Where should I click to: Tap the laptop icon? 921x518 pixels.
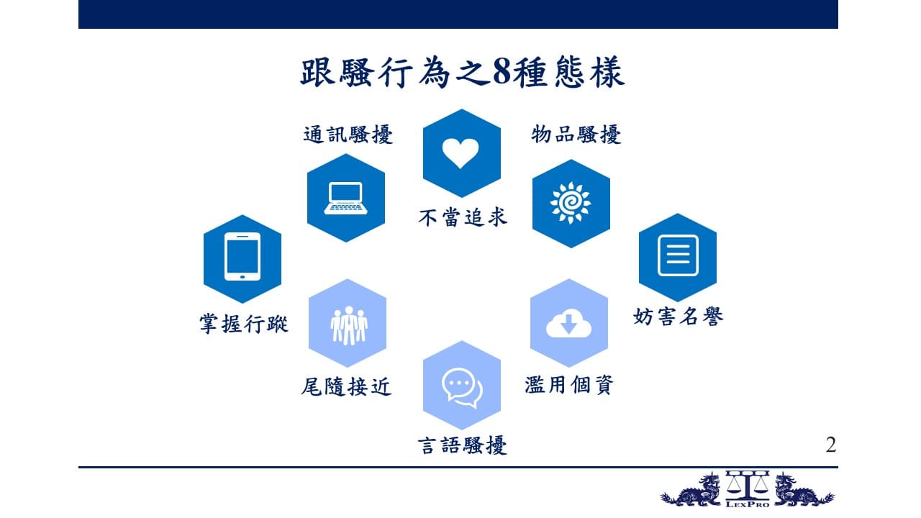point(346,198)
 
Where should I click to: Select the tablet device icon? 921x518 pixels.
point(242,257)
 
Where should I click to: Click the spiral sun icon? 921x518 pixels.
point(571,203)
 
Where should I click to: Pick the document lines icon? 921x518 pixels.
point(678,255)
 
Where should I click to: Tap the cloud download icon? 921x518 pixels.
point(568,324)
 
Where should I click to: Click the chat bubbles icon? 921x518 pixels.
point(462,388)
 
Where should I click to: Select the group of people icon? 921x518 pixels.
point(349,326)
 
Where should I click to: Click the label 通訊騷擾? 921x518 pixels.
point(348,135)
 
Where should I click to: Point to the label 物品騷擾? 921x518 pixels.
point(576,135)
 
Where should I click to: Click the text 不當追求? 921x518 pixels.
point(463,217)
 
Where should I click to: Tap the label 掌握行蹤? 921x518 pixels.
point(244,324)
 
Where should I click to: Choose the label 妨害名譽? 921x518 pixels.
point(679,317)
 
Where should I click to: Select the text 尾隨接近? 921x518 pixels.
point(346,387)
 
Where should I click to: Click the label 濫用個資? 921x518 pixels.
point(569,385)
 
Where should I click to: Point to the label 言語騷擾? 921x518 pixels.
point(462,445)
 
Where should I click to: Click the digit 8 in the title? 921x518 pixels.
point(502,73)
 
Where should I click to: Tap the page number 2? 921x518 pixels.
point(830,445)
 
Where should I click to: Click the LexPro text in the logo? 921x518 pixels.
point(748,504)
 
